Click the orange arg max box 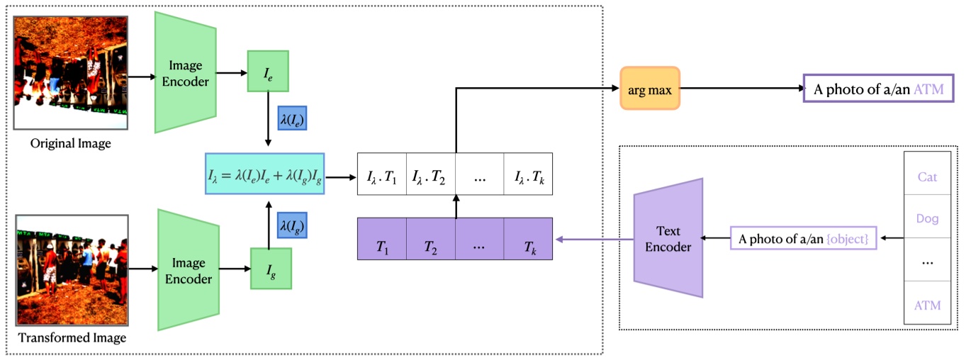point(649,89)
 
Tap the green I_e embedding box point(268,71)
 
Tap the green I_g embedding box point(271,269)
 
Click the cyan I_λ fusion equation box point(264,173)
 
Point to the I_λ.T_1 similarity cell point(382,174)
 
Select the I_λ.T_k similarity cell point(528,174)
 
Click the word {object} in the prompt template point(851,240)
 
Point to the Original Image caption point(71,144)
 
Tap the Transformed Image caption point(72,337)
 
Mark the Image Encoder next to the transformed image point(188,269)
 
